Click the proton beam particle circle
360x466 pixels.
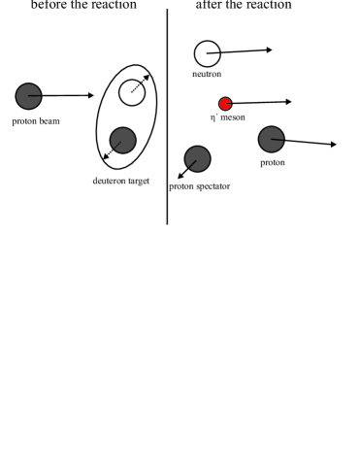[28, 95]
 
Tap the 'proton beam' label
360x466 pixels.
[36, 121]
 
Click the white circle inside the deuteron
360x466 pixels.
[132, 92]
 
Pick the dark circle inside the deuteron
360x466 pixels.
[122, 140]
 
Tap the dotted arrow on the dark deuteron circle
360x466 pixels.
[115, 148]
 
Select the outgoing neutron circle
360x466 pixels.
[208, 53]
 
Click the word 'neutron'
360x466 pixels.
[207, 74]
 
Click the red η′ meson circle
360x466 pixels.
[225, 104]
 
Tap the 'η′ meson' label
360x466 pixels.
[227, 117]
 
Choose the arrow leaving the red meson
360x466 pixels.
[262, 102]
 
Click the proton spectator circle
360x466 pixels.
[198, 158]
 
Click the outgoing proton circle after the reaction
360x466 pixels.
[272, 139]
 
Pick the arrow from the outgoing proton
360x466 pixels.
[309, 143]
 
